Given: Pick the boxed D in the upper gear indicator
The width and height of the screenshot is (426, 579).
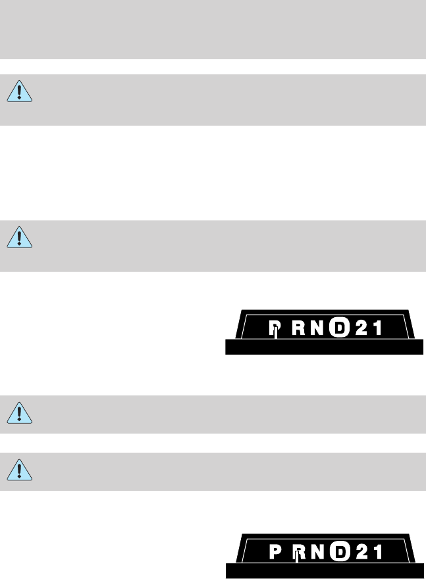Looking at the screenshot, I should [x=338, y=326].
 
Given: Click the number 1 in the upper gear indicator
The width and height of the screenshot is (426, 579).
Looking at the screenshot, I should [x=377, y=326].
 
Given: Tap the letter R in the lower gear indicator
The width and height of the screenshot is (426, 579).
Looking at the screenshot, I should [x=298, y=551].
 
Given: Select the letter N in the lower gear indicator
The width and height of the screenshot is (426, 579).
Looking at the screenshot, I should [x=319, y=551].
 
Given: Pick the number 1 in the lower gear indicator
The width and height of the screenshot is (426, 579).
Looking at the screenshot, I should [x=379, y=551].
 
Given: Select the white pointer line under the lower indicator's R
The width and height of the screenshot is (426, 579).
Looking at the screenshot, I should [x=298, y=558].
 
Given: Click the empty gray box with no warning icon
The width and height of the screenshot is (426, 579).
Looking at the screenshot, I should [x=213, y=30].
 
